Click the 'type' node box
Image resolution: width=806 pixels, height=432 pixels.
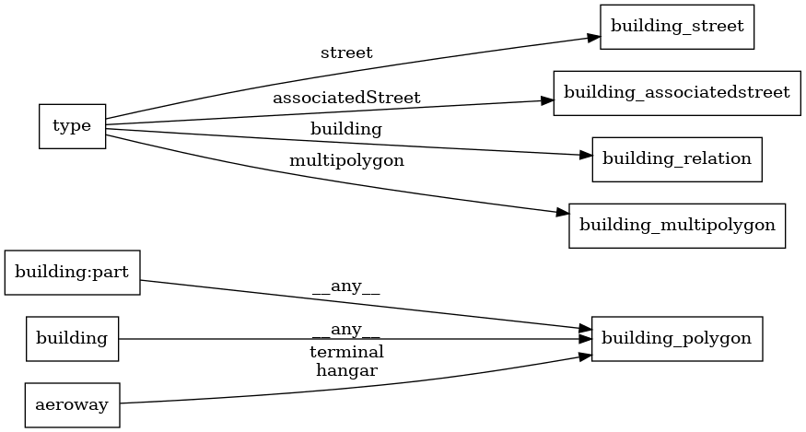tap(72, 126)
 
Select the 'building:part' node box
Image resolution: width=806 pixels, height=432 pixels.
tap(72, 273)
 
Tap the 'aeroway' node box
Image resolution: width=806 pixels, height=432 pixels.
tap(72, 403)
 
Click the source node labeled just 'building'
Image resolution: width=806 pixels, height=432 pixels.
tap(72, 338)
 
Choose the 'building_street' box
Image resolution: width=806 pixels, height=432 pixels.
tap(677, 27)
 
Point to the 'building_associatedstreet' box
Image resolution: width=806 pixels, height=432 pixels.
tap(676, 92)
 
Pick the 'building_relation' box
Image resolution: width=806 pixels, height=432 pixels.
tap(677, 158)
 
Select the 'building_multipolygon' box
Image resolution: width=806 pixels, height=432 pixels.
tap(677, 224)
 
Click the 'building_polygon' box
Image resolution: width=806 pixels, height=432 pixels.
tap(677, 338)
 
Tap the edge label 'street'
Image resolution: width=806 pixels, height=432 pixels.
tap(346, 53)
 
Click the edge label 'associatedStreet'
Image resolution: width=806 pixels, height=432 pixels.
tap(346, 97)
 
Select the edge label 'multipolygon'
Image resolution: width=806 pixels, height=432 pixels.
tap(346, 160)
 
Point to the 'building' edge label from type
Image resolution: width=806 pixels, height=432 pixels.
tap(346, 129)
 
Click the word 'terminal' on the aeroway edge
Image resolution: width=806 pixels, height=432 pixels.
tap(346, 352)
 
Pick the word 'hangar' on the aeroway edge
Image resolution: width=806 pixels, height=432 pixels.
tap(346, 370)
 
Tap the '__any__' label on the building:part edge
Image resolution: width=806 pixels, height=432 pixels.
tap(346, 286)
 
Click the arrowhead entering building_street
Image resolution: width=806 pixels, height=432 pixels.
tap(593, 38)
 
